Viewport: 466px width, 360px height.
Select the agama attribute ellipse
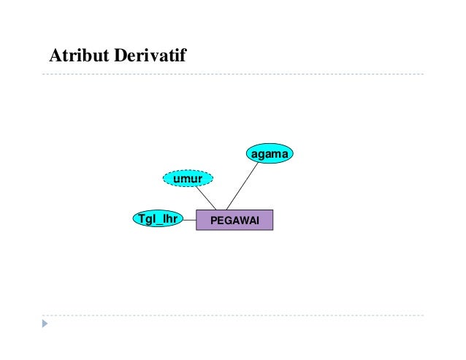[x=269, y=154]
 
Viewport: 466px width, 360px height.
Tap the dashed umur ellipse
[x=188, y=177]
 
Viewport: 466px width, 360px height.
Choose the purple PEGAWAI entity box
[x=234, y=220]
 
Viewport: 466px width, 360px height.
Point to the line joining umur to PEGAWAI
[x=205, y=198]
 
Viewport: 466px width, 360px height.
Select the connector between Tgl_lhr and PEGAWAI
[x=189, y=218]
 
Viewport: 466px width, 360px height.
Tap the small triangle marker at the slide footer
[x=46, y=322]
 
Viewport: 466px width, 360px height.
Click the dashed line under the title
[x=234, y=74]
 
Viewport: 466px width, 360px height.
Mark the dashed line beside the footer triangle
[x=234, y=315]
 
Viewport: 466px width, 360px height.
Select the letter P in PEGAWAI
[x=213, y=220]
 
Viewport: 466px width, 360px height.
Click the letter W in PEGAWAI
[x=242, y=220]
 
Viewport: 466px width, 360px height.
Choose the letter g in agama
[x=261, y=155]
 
